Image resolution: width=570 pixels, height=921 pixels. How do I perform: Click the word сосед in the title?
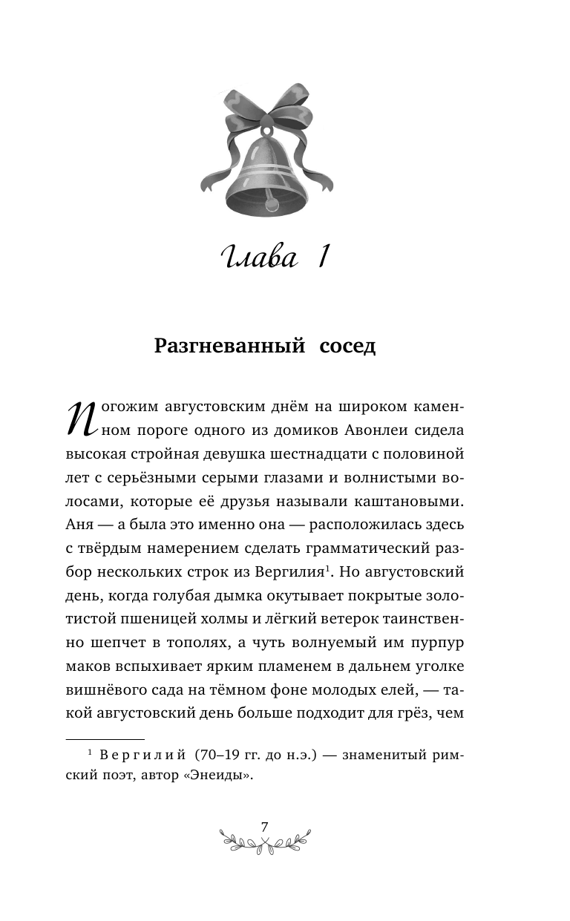[347, 347]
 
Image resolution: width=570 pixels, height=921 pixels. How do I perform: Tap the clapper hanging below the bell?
[270, 201]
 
